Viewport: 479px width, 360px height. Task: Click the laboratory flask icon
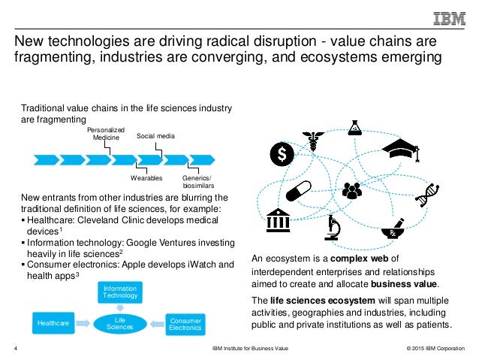pos(354,127)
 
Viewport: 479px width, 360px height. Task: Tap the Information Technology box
pos(121,292)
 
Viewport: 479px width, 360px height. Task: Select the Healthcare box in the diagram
pos(54,324)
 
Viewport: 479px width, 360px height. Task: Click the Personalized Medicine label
pos(107,134)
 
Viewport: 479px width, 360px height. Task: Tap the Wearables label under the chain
pos(146,178)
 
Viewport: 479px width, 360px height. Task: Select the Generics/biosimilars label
pos(198,181)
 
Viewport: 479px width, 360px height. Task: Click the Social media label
pos(155,137)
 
